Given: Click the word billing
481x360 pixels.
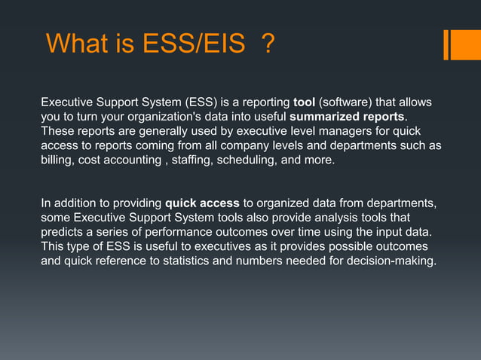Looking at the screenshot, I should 57,160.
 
